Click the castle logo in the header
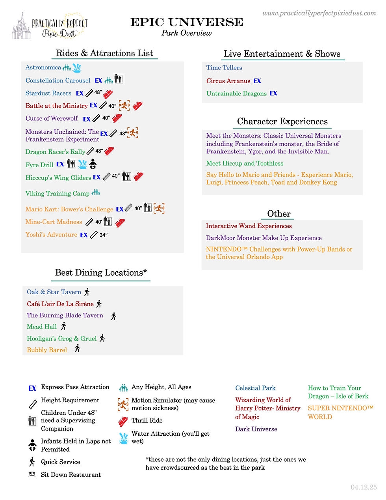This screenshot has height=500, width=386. pos(21,27)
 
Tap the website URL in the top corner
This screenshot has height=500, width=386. pos(319,13)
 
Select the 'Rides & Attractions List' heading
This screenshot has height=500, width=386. pos(104,53)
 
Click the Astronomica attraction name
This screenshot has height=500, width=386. pos(43,67)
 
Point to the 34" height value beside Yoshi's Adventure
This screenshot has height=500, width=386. pos(104,235)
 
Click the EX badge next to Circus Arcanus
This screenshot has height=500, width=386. pos(257,81)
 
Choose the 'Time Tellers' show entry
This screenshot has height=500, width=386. pos(224,68)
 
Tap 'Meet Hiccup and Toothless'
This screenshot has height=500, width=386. pos(245,163)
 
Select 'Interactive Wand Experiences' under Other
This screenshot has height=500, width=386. pos(249,226)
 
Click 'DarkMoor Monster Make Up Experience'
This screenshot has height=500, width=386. pos(264,238)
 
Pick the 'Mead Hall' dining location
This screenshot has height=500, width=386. pos(42,326)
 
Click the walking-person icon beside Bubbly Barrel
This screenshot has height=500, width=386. pos(77,348)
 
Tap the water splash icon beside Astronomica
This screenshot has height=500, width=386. pos(77,68)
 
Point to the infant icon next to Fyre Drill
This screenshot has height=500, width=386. pos(93,164)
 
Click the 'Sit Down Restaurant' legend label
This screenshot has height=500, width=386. pos(71,475)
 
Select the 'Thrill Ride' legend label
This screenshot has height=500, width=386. pos(147,420)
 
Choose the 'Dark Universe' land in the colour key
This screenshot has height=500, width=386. pos(256,429)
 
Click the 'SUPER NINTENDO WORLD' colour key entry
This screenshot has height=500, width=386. pos(340,412)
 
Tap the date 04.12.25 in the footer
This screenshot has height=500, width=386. pos(364,487)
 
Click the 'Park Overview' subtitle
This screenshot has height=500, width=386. pos(186,33)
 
